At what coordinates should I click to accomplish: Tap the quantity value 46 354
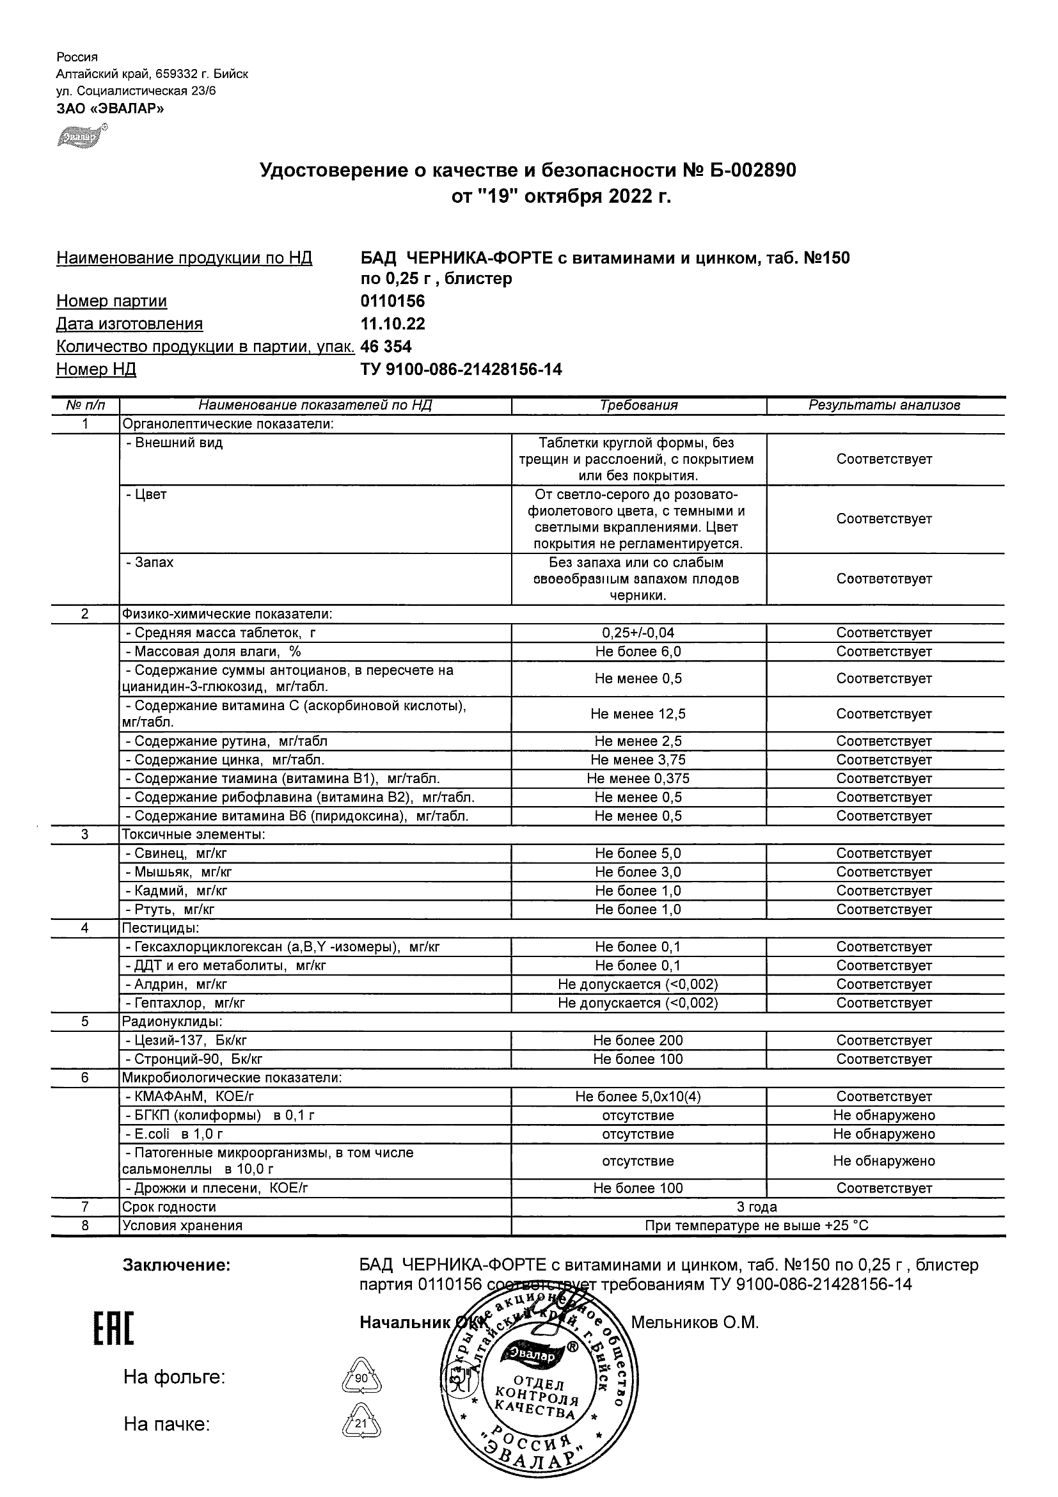(x=386, y=346)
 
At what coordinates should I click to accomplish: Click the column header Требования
(x=638, y=406)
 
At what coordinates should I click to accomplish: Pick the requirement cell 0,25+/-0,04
(x=638, y=633)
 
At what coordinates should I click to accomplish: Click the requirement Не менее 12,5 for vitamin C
(x=638, y=714)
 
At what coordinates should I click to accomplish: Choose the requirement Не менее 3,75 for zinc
(x=638, y=760)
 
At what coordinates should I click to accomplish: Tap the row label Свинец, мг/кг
(x=177, y=853)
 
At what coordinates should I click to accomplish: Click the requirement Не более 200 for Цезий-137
(x=638, y=1041)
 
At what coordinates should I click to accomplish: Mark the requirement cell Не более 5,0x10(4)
(x=638, y=1097)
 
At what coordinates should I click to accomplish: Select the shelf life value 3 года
(x=757, y=1207)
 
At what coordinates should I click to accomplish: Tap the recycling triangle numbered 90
(x=361, y=1379)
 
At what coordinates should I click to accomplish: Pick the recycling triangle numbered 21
(x=361, y=1424)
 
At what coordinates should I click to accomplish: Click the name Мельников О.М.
(x=695, y=1322)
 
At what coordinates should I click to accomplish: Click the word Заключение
(x=177, y=1265)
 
